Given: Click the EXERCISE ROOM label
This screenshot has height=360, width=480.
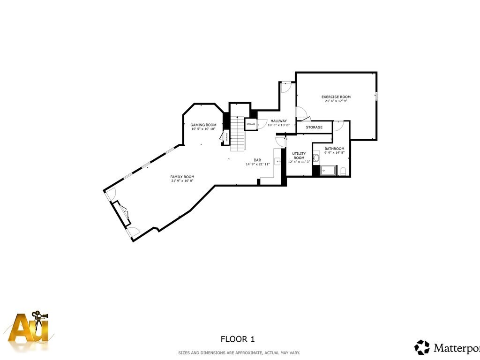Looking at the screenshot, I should click(x=336, y=97).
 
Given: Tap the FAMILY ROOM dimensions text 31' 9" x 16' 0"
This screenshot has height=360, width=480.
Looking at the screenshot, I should click(x=182, y=180).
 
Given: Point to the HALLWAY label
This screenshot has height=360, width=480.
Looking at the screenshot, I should click(x=278, y=121).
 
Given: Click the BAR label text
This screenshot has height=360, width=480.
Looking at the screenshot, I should click(x=257, y=160).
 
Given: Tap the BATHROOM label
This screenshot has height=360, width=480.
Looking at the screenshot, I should click(x=334, y=149).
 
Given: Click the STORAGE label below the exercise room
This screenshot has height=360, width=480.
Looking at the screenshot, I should click(x=314, y=127).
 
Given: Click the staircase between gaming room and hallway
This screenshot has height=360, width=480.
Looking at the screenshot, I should click(x=238, y=133).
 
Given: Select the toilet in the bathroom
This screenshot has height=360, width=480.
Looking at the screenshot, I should click(x=343, y=171).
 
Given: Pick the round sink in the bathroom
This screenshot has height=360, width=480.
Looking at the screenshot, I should click(x=316, y=158).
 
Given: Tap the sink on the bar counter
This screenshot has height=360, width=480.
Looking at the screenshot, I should click(x=277, y=161).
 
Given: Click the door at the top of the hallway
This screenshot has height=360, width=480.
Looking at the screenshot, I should click(x=286, y=86).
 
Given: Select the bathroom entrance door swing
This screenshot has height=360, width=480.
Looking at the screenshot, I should click(x=338, y=125).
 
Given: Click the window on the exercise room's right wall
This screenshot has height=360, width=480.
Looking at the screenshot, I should click(x=376, y=96).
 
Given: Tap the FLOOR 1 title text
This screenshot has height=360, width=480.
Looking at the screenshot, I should click(x=238, y=338).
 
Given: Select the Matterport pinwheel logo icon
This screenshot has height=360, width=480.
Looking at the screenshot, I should click(x=422, y=347).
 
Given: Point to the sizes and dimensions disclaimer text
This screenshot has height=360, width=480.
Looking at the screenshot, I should click(x=239, y=352).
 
